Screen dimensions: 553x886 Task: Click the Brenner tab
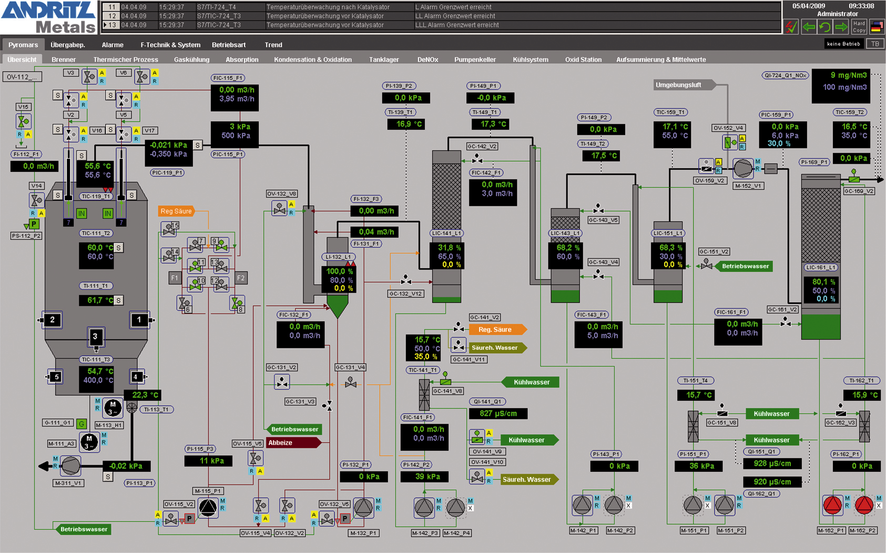(x=64, y=59)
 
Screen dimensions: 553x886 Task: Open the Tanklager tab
(x=384, y=59)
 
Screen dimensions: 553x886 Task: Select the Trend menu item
(x=273, y=45)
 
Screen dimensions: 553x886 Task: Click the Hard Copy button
(x=859, y=27)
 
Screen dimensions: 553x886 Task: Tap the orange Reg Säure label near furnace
(x=176, y=211)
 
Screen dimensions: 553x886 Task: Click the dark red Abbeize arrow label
(x=292, y=443)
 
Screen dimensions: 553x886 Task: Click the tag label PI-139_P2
(x=399, y=86)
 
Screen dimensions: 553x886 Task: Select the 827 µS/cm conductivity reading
(x=498, y=414)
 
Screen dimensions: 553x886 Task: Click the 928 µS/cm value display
(x=772, y=464)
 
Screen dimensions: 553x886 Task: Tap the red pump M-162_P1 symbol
(x=832, y=505)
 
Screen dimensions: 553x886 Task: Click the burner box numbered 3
(x=95, y=336)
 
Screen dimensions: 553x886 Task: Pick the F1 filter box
(x=175, y=278)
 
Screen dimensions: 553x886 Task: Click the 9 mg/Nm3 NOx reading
(x=844, y=75)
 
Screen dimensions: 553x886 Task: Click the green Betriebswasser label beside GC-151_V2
(x=745, y=266)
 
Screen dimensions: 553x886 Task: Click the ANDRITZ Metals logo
(x=48, y=17)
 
